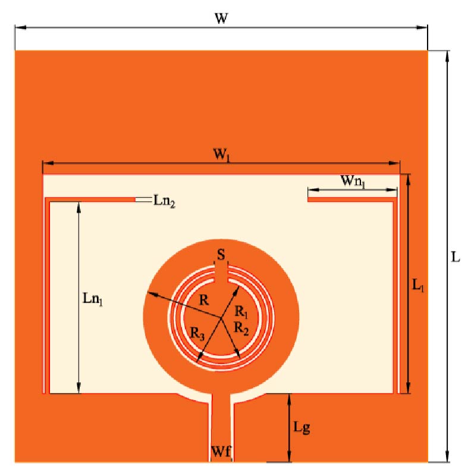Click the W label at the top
[x=221, y=18]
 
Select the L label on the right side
[x=456, y=258]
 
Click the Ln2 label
[x=164, y=201]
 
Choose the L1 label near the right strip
[x=419, y=285]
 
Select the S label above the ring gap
[x=221, y=256]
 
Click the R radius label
[x=204, y=300]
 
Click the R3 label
[x=198, y=334]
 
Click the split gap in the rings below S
[x=221, y=274]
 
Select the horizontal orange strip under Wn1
[x=351, y=200]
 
